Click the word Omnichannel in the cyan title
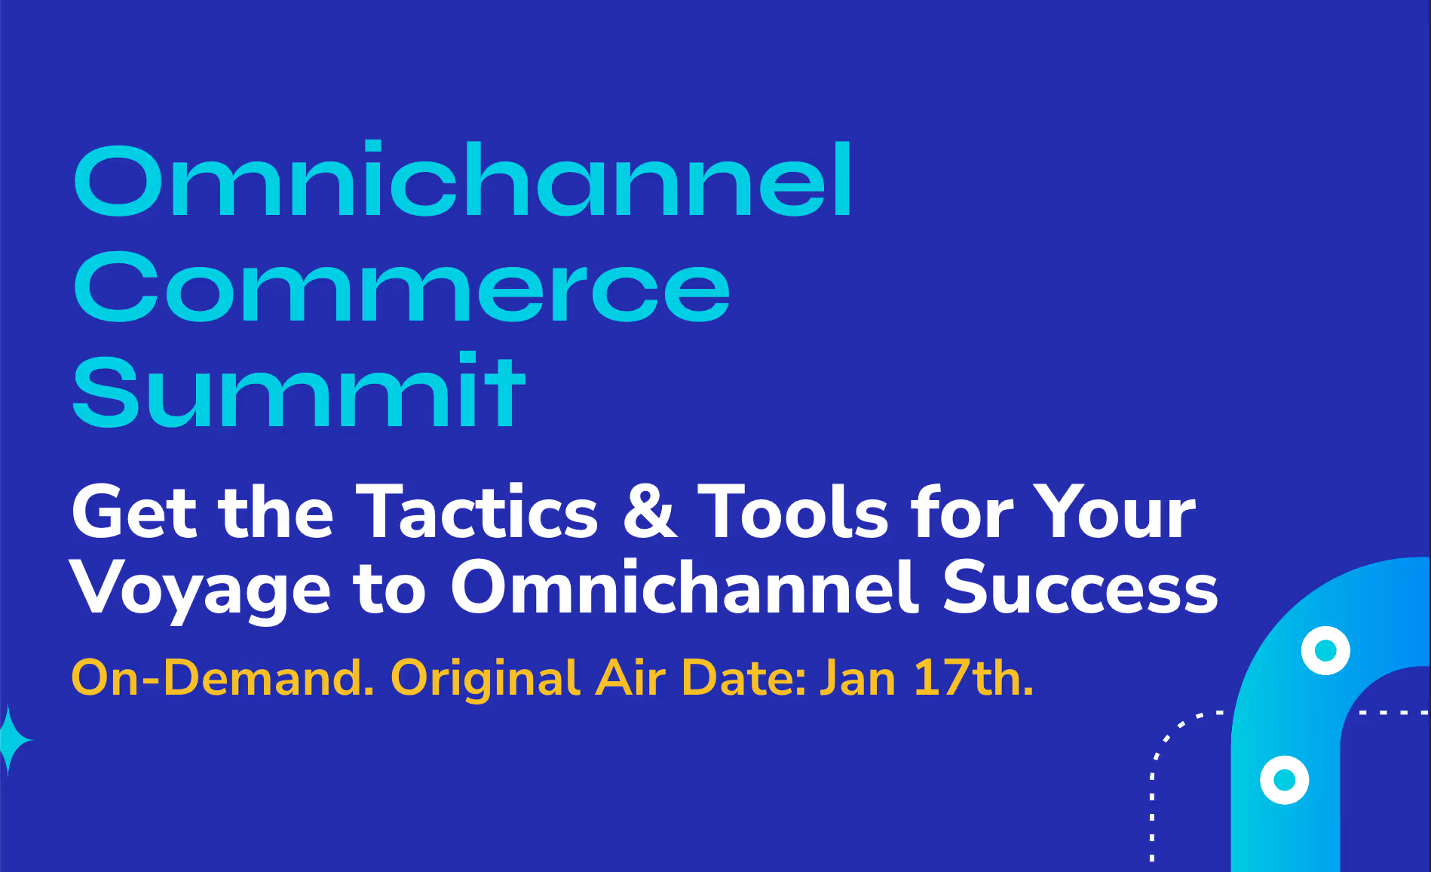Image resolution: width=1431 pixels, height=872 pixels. click(x=462, y=179)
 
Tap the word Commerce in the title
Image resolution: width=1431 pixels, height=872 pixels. click(x=402, y=287)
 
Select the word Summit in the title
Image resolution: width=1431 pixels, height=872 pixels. click(x=299, y=390)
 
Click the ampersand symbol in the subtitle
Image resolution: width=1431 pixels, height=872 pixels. click(x=650, y=513)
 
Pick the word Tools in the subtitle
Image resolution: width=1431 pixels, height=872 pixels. click(x=794, y=513)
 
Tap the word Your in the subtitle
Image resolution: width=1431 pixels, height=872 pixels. click(x=1114, y=513)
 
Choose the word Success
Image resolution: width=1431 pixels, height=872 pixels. click(x=1080, y=588)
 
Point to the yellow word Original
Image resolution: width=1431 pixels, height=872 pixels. click(x=486, y=679)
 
